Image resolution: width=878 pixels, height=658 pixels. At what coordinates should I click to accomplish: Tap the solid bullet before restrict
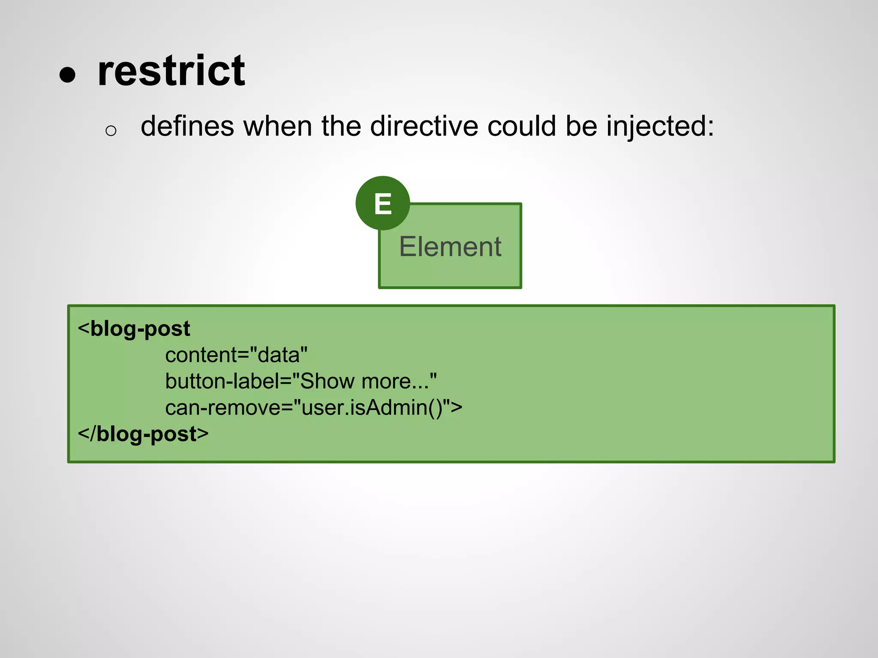(68, 75)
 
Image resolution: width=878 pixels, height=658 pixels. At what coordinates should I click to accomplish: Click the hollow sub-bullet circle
(111, 131)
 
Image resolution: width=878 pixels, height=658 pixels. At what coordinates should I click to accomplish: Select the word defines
(187, 126)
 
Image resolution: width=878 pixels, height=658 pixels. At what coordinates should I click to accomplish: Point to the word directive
(424, 126)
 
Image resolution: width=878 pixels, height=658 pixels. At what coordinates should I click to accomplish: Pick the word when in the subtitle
(277, 126)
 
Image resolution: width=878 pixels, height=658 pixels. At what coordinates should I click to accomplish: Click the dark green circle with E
(382, 203)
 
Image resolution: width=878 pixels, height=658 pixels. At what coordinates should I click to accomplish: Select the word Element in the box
(450, 247)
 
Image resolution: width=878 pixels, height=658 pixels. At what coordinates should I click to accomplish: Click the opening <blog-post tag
(134, 329)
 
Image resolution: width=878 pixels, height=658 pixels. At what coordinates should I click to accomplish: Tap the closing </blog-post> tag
(143, 434)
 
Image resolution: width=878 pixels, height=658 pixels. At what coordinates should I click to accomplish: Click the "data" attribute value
(279, 355)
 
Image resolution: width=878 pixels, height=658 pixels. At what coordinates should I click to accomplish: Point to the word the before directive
(341, 126)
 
